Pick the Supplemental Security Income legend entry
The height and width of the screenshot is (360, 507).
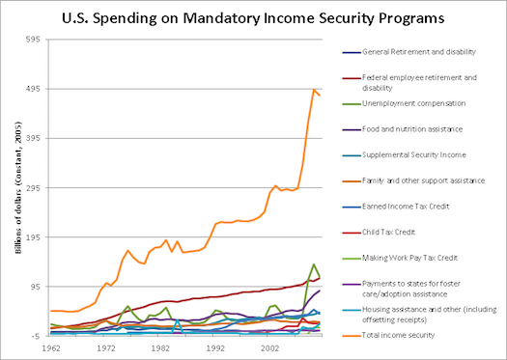point(414,154)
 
